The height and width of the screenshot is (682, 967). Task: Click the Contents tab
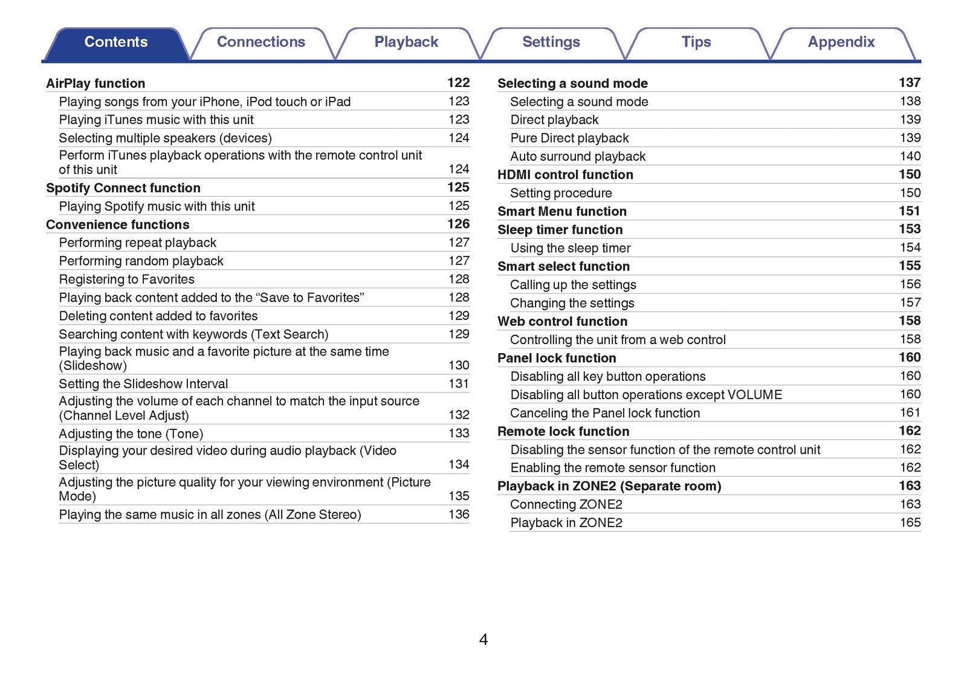click(115, 42)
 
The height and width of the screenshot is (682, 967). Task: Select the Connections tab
click(260, 42)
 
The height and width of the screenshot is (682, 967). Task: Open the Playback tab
click(406, 42)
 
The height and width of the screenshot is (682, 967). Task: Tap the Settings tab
click(551, 42)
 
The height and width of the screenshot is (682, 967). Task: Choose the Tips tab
click(696, 42)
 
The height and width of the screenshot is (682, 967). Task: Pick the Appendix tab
click(841, 42)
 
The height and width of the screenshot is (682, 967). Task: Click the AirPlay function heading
click(95, 83)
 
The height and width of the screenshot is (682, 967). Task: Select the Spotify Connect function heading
click(123, 188)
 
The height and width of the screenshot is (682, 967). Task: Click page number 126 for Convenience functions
click(458, 224)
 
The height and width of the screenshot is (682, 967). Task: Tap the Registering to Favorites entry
click(127, 279)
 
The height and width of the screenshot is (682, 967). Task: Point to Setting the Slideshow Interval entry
click(143, 384)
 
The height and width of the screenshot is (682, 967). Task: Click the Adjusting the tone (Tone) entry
click(131, 434)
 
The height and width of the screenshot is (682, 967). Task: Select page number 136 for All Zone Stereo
click(459, 514)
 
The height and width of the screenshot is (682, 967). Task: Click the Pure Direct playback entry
click(569, 138)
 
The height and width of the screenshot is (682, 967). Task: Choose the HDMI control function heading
click(565, 175)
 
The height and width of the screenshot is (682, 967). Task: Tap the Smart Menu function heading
click(562, 212)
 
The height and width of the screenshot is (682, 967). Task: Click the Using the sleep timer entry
click(571, 248)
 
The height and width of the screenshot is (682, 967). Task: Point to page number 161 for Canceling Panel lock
click(910, 412)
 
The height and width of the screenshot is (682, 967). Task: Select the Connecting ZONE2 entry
click(566, 504)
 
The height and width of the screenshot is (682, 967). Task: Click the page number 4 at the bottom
click(483, 639)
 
